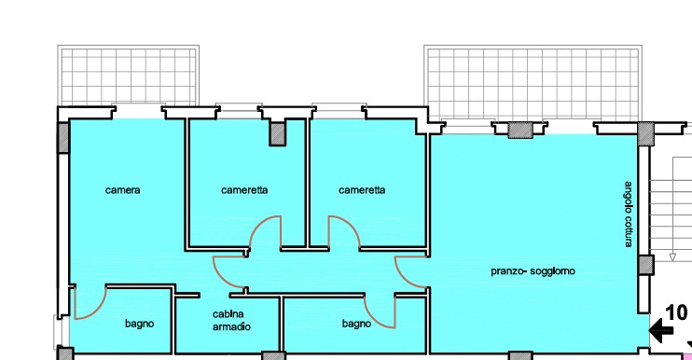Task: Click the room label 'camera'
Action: click(123, 190)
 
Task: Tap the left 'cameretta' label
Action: click(244, 190)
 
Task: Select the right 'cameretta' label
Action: click(362, 190)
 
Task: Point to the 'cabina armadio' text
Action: click(230, 319)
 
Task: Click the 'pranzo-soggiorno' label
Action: click(533, 271)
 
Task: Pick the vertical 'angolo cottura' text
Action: click(630, 214)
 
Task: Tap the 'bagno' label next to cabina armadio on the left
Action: click(140, 324)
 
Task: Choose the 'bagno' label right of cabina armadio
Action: click(356, 324)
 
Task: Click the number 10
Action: click(676, 312)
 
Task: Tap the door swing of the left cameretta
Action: click(266, 232)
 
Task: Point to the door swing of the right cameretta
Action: click(340, 232)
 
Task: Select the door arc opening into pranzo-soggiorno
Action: click(411, 271)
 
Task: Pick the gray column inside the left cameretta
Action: click(277, 133)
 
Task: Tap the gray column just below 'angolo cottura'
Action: click(644, 264)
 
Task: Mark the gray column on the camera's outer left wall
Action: click(63, 137)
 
